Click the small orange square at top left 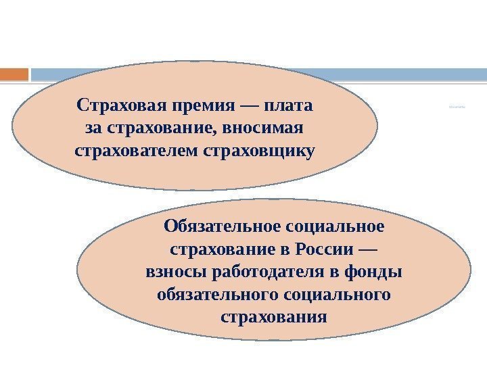tap(14, 73)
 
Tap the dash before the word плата tap(248, 107)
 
